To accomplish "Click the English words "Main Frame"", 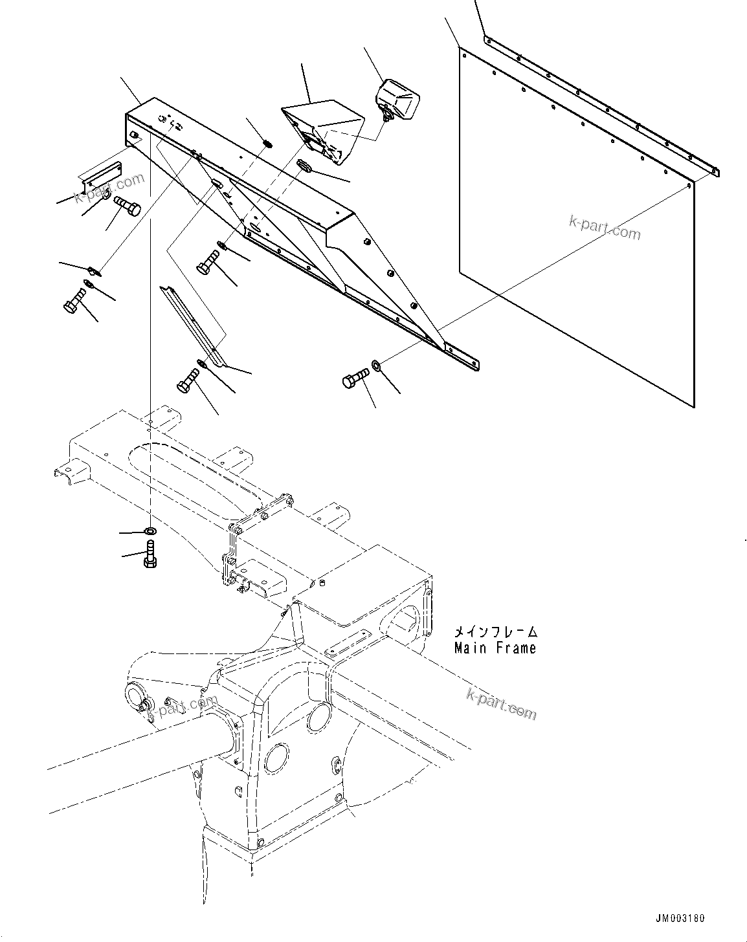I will click(x=495, y=647).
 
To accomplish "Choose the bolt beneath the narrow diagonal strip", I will click(x=188, y=380).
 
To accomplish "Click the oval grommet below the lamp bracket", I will click(x=306, y=166).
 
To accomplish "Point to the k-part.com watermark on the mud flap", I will click(x=605, y=227).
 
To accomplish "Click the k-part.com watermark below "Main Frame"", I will click(x=501, y=703).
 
